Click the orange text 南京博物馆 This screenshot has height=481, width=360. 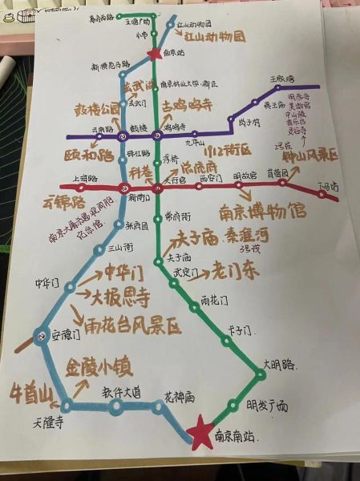tap(262, 212)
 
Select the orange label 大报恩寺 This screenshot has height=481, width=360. tap(121, 298)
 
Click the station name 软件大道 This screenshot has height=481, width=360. tap(121, 392)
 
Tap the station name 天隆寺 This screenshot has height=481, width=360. tap(47, 422)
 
